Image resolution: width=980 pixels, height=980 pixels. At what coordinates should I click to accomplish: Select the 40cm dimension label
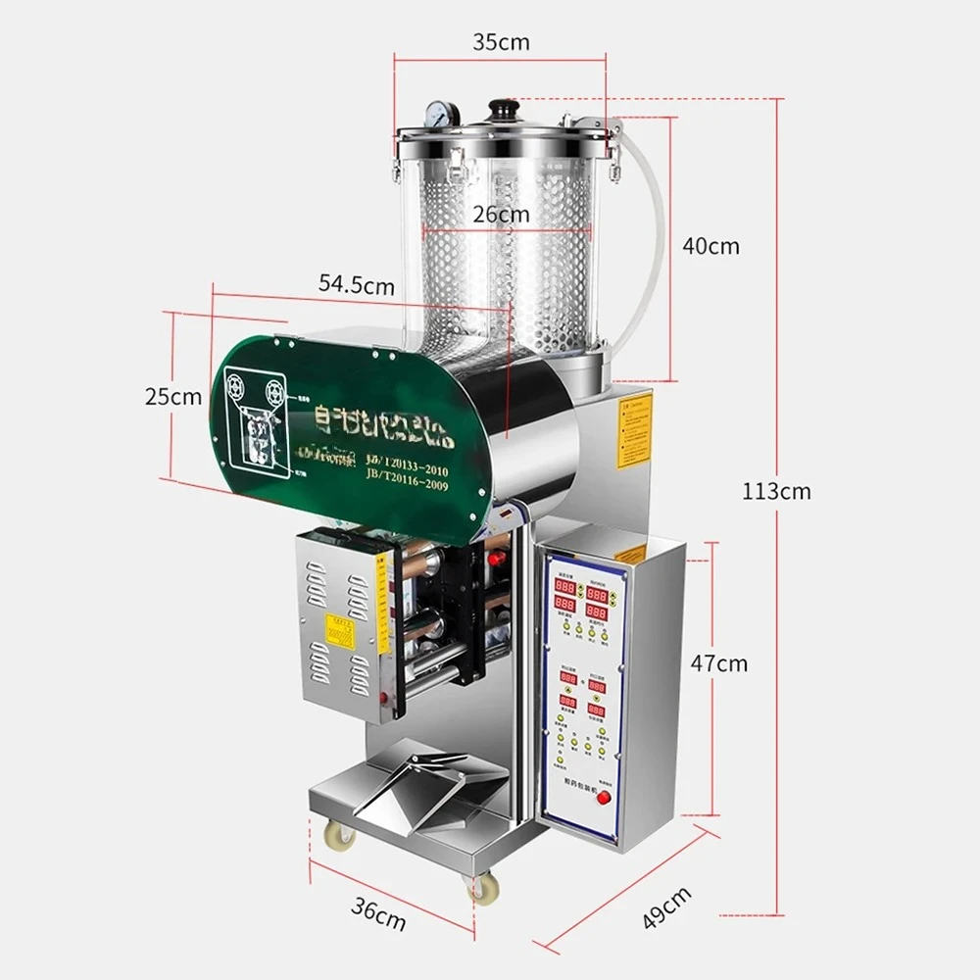tap(711, 246)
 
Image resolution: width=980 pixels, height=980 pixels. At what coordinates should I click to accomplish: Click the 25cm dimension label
tap(172, 397)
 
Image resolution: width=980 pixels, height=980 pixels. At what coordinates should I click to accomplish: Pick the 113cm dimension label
tap(776, 491)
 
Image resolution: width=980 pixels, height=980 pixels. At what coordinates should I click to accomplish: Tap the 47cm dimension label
tap(718, 663)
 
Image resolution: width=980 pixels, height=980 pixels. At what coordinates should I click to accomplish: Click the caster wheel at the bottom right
tap(482, 890)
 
